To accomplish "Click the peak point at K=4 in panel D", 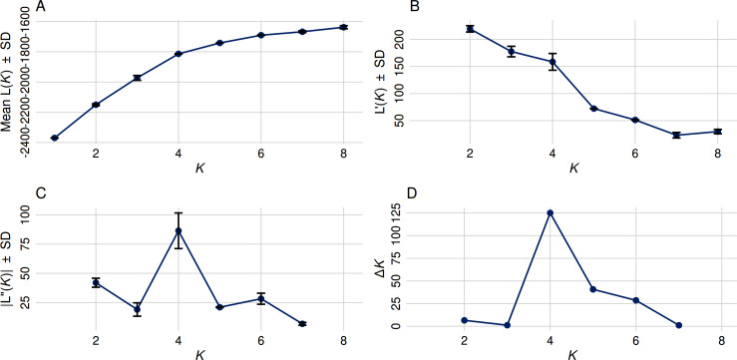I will coord(550,212).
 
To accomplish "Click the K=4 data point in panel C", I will coord(178,230).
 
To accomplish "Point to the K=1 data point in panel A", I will coord(54,138).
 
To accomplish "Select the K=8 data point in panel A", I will coord(343,27).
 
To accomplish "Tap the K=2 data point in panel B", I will coord(469,28).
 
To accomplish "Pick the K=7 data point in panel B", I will coord(676,135).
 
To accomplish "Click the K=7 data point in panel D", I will coord(677,325).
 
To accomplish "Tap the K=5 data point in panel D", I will coord(593,289).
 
